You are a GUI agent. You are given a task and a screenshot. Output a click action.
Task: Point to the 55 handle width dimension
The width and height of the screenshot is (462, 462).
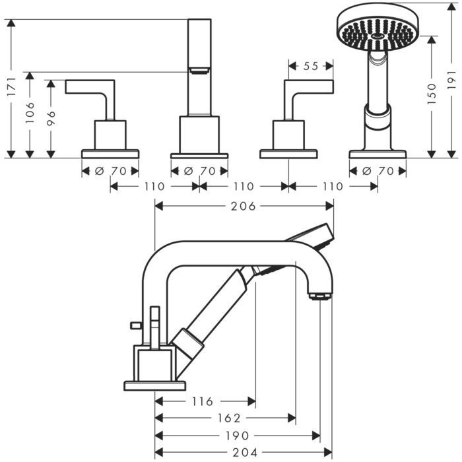(311, 66)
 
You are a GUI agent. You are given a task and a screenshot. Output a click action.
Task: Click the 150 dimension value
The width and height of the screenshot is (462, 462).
(432, 94)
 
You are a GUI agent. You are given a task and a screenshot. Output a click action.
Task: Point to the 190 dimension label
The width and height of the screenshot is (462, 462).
(237, 436)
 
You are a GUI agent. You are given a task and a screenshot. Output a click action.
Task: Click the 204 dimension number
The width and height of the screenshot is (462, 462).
(242, 453)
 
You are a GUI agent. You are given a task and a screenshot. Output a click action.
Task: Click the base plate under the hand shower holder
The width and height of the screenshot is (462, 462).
(378, 154)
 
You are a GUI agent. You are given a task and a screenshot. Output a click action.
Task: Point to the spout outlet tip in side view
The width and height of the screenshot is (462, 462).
(319, 294)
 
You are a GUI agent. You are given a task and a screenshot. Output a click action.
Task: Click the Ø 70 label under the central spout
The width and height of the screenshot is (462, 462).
(199, 171)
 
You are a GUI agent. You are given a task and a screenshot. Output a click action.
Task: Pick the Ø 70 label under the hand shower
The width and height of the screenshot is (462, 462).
(378, 171)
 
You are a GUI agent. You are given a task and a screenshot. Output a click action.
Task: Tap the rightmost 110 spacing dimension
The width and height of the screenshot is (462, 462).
(333, 187)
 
